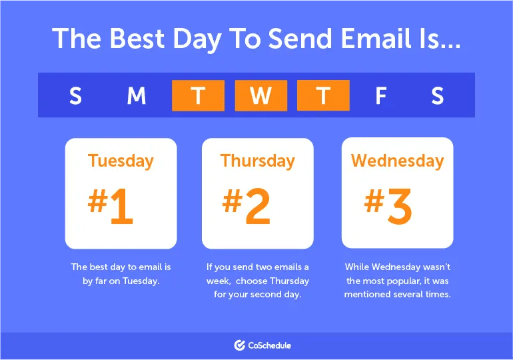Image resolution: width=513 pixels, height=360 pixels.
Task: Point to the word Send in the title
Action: pos(278,39)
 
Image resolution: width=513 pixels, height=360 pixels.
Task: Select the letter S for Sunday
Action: pos(75,96)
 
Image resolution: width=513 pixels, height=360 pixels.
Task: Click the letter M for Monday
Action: pos(136,96)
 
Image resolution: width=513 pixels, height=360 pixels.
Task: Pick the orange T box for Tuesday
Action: pos(198,95)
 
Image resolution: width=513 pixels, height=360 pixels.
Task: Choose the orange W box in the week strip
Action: pos(260,95)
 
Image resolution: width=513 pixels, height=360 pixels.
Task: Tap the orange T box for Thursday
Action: pos(323,95)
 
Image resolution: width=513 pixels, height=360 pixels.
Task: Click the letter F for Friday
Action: pos(380,96)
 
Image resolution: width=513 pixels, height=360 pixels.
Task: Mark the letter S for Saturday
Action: pos(437,96)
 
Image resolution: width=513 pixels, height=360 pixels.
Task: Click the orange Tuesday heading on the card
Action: pos(121,161)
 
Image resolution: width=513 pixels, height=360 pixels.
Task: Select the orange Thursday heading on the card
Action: pos(257,161)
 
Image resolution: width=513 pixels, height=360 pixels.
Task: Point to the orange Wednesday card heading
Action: pos(397,161)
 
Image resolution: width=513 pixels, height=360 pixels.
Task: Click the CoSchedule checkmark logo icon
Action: pos(240,345)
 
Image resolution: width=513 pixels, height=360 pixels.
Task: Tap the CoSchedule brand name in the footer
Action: pos(270,345)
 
